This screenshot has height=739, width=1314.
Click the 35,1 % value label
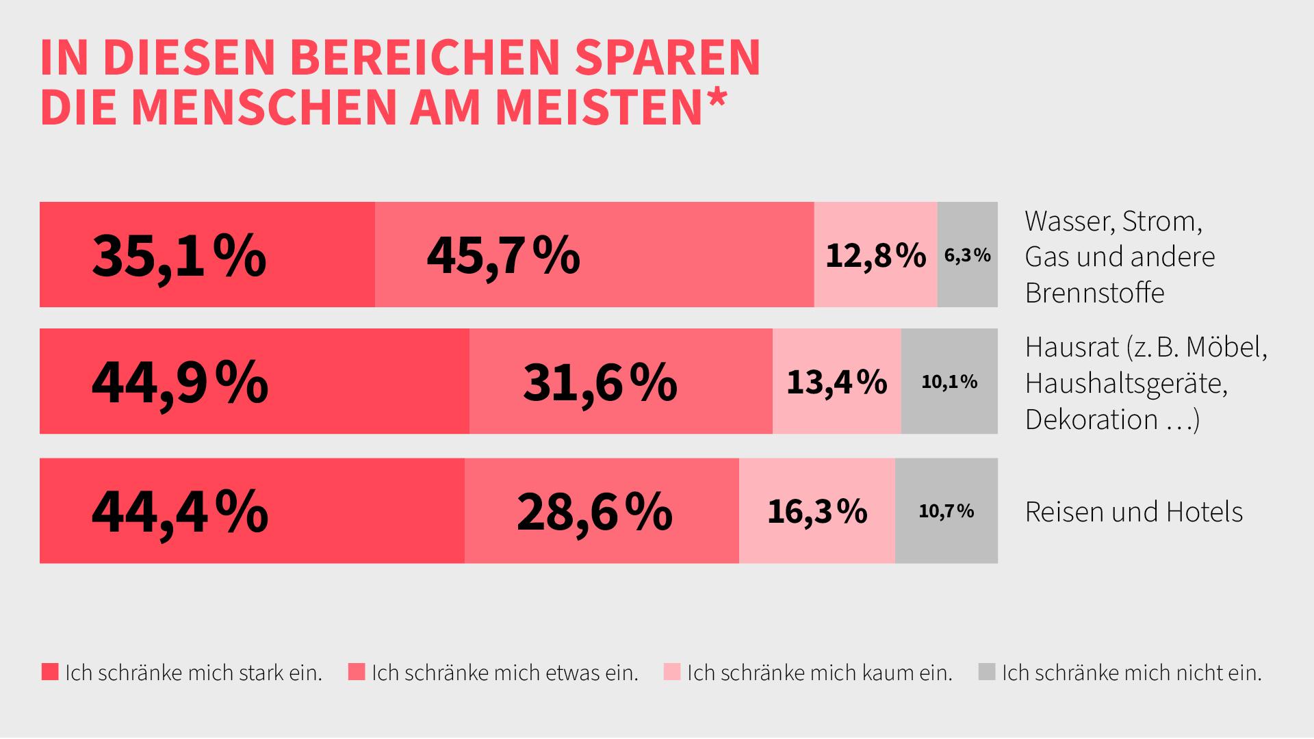[x=179, y=255]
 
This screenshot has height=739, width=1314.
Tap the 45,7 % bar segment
[x=594, y=255]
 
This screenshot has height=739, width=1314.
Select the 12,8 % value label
[x=875, y=255]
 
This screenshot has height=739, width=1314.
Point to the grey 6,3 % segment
[x=967, y=255]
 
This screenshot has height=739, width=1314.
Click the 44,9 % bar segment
[x=254, y=381]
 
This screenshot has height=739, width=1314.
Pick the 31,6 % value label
[x=600, y=383]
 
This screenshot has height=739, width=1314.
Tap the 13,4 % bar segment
[x=836, y=382]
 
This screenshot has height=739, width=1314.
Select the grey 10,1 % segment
[x=949, y=382]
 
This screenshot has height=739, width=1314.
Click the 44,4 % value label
[x=179, y=511]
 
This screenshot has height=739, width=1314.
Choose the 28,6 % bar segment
[x=602, y=511]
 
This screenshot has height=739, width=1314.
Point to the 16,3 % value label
[x=817, y=511]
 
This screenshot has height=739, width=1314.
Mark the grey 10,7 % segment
[x=946, y=511]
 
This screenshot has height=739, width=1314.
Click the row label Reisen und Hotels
[x=1133, y=512]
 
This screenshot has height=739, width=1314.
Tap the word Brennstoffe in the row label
[x=1094, y=293]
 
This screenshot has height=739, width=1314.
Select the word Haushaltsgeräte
[x=1126, y=384]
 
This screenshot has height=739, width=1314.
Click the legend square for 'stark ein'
[x=50, y=672]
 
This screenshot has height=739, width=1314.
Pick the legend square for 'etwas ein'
[x=357, y=672]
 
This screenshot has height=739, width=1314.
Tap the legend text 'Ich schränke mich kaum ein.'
[x=819, y=673]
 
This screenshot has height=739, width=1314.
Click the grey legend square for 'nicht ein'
[x=986, y=672]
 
